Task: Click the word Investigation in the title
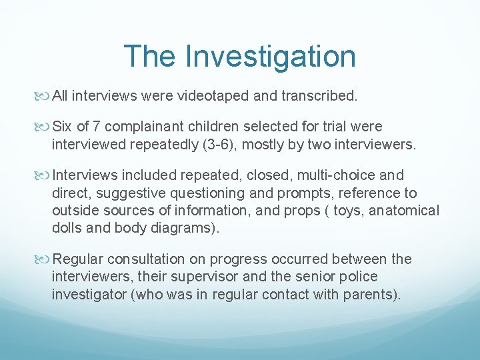click(271, 56)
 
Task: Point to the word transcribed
click(320, 96)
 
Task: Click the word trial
click(327, 127)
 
